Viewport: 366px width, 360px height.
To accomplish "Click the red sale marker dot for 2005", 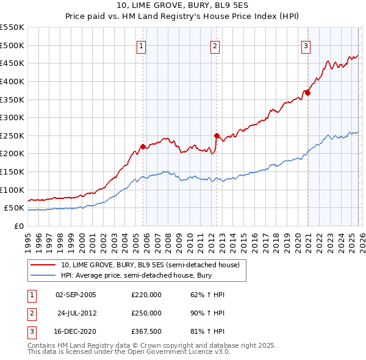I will click(143, 146).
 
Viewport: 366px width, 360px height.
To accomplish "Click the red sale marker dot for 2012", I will click(217, 135).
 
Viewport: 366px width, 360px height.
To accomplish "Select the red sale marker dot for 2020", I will click(307, 93).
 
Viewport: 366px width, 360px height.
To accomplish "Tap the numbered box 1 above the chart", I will click(142, 45).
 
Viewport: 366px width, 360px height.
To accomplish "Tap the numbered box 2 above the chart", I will click(215, 45).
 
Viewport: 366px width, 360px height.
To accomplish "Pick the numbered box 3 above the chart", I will click(306, 45).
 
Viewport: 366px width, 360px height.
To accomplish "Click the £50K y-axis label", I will click(15, 208).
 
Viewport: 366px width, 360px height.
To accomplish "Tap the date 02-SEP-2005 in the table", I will click(76, 295).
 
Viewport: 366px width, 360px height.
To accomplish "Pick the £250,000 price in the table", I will click(146, 313).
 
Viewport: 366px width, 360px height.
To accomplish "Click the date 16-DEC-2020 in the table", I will click(76, 331).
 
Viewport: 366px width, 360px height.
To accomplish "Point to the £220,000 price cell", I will click(146, 295).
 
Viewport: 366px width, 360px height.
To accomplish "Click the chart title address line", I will click(183, 6).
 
